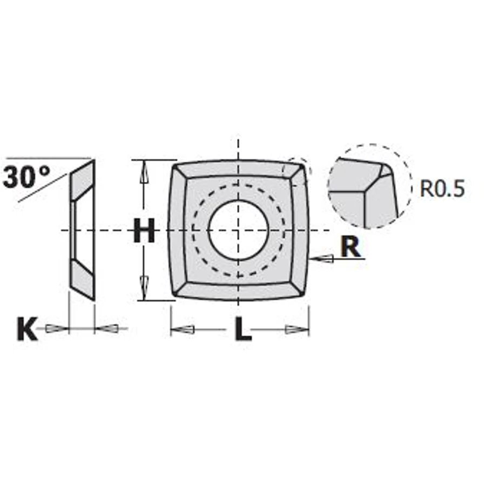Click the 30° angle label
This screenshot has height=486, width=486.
[x=26, y=177]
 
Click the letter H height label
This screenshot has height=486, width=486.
[x=144, y=230]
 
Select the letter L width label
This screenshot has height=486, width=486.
[x=242, y=329]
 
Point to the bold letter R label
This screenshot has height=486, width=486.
[x=350, y=246]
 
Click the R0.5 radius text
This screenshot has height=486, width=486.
[x=442, y=188]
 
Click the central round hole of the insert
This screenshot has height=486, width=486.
[x=238, y=230]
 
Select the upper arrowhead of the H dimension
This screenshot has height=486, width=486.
[x=144, y=173]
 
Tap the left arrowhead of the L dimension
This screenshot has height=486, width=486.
[x=183, y=329]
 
